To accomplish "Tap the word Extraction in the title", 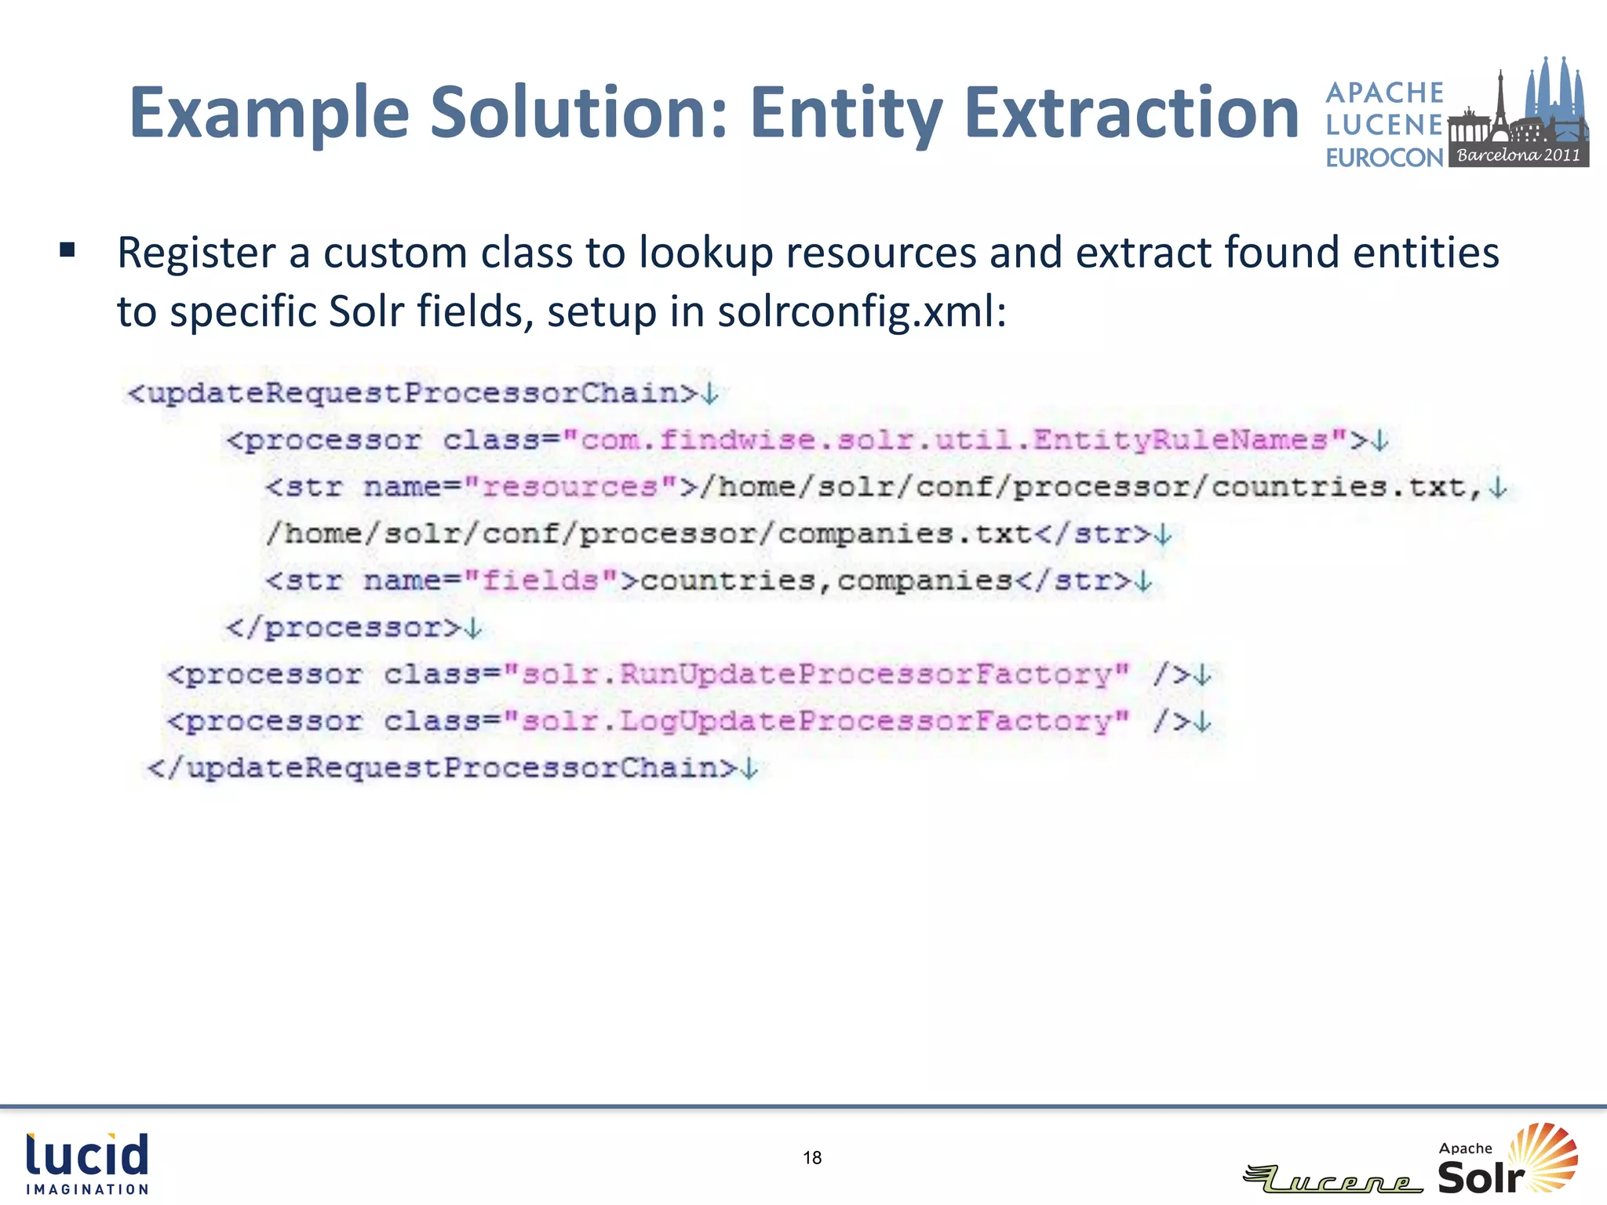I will [1131, 114].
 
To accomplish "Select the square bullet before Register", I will [67, 251].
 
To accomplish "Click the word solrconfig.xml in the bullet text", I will [861, 311].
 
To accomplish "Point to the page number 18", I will [812, 1158].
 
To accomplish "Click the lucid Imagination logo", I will [87, 1163].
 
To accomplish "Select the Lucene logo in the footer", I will [1334, 1178].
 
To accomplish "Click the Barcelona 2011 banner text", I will [1518, 155].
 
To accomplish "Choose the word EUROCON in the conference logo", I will [1384, 158].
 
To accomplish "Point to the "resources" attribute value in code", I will [570, 487].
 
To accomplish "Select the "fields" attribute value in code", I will [541, 581].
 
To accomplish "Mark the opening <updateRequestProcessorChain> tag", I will [413, 393].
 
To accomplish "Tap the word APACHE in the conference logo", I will [1384, 93].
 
